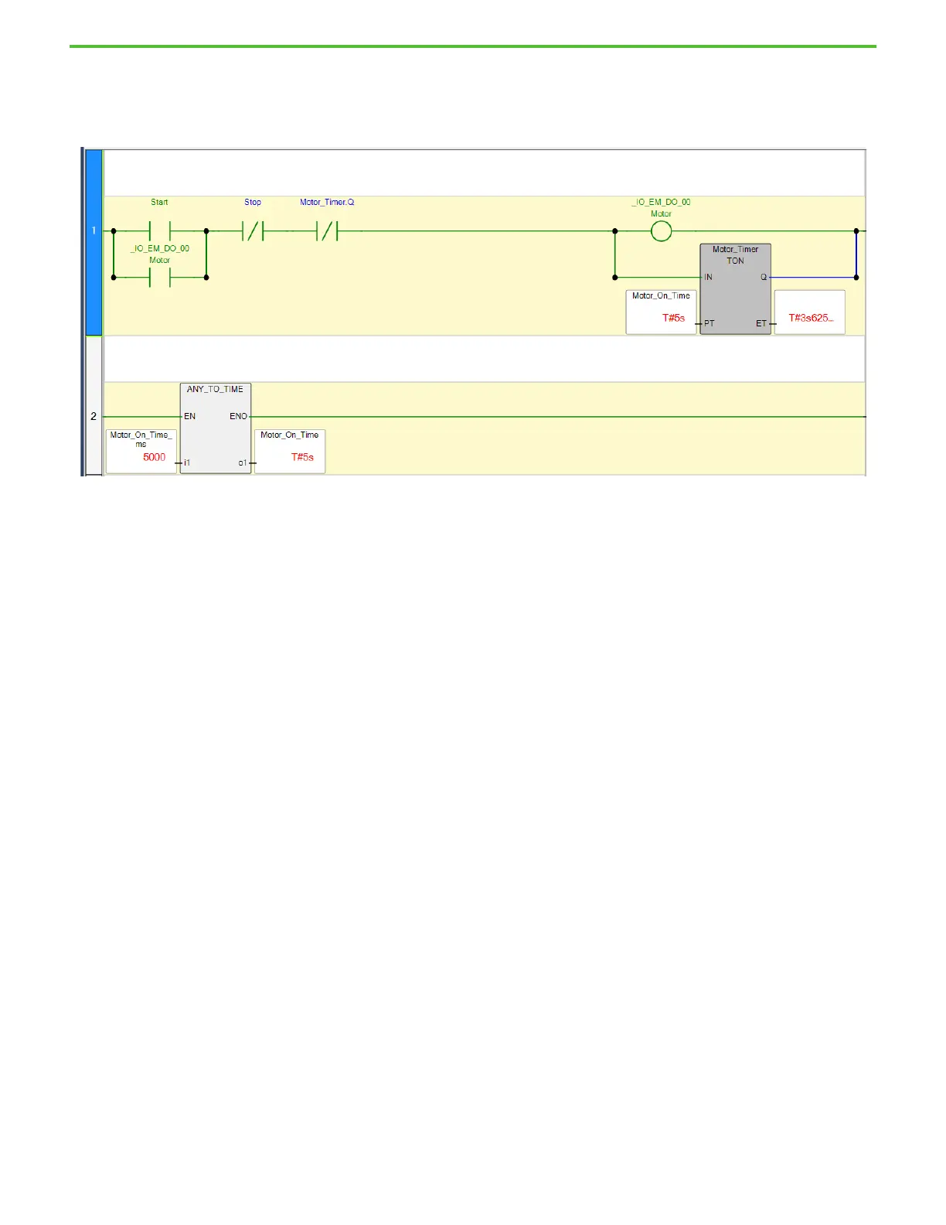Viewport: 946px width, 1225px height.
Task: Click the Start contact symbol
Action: click(159, 230)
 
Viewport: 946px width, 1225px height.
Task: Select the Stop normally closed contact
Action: click(253, 230)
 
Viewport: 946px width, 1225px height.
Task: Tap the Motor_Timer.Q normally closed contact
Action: click(328, 230)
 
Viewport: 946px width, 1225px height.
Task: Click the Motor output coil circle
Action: click(661, 231)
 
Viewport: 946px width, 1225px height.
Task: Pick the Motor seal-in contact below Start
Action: click(159, 277)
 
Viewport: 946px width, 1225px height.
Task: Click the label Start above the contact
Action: click(159, 203)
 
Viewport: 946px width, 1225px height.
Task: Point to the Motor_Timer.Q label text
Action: click(327, 203)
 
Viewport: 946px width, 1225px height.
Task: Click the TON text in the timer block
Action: click(735, 261)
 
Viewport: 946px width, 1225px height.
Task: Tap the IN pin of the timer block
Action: click(708, 277)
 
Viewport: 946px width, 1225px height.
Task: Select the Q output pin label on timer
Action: click(764, 277)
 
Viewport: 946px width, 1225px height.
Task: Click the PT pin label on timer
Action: click(709, 323)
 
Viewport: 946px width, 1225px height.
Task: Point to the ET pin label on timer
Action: click(761, 323)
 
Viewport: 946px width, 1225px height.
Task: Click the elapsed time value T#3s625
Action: click(810, 318)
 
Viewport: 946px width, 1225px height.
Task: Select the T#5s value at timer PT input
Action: click(673, 318)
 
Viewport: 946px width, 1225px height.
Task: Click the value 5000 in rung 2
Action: click(154, 457)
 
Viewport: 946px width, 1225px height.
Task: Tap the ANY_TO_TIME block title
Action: click(215, 390)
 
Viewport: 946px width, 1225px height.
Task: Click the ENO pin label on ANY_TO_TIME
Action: click(238, 416)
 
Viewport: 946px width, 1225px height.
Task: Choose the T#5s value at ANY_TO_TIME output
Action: click(302, 457)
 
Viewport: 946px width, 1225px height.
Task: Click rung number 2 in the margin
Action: click(94, 416)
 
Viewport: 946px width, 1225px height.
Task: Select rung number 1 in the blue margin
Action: click(94, 230)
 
